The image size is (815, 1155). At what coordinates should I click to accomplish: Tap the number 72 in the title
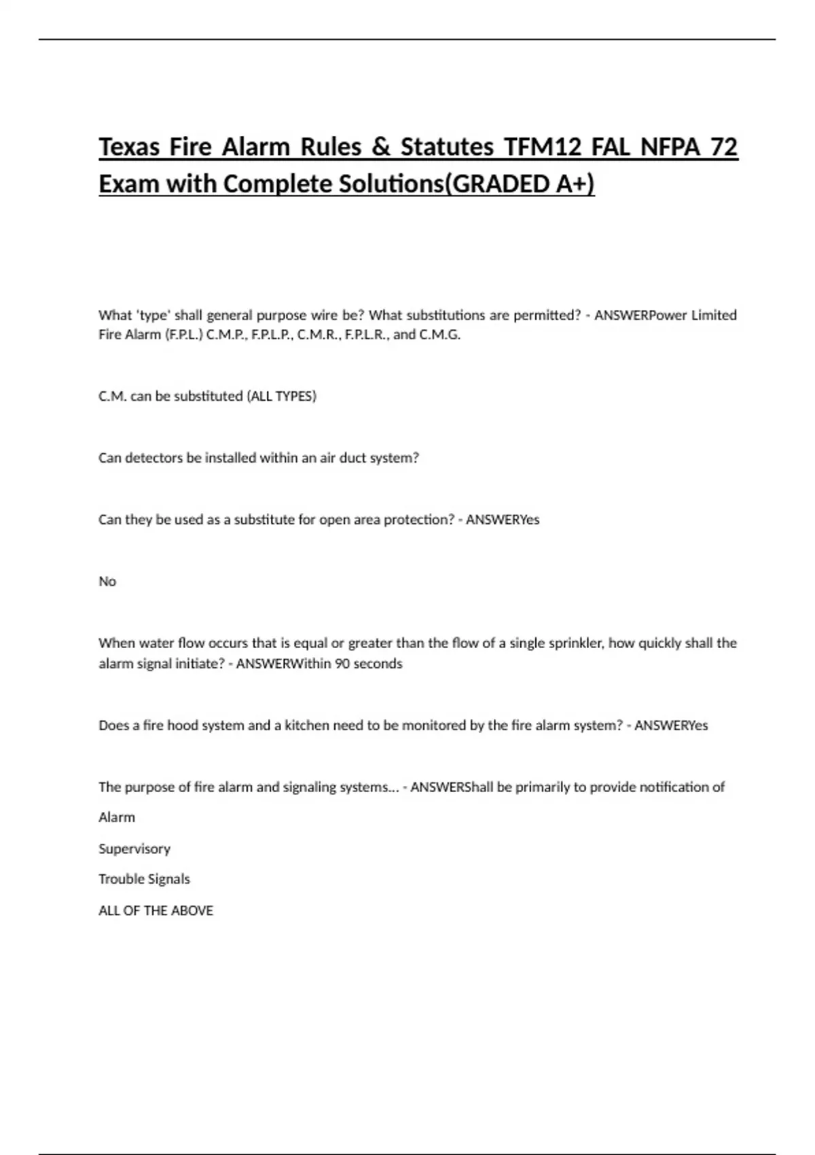pyautogui.click(x=723, y=147)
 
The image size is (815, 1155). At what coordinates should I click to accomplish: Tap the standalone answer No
pyautogui.click(x=107, y=582)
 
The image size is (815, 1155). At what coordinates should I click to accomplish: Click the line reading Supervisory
pyautogui.click(x=134, y=849)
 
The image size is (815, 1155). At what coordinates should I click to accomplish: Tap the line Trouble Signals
pyautogui.click(x=144, y=879)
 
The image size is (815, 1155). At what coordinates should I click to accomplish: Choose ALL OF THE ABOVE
pyautogui.click(x=156, y=910)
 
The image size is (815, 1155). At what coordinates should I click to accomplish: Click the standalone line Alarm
pyautogui.click(x=117, y=817)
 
